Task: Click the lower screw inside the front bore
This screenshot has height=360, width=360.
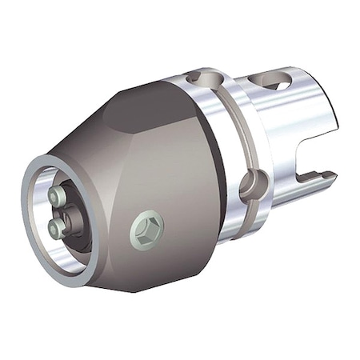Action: [x=55, y=229]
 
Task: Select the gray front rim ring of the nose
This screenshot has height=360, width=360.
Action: [x=32, y=240]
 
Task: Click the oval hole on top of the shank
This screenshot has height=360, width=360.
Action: [x=271, y=82]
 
